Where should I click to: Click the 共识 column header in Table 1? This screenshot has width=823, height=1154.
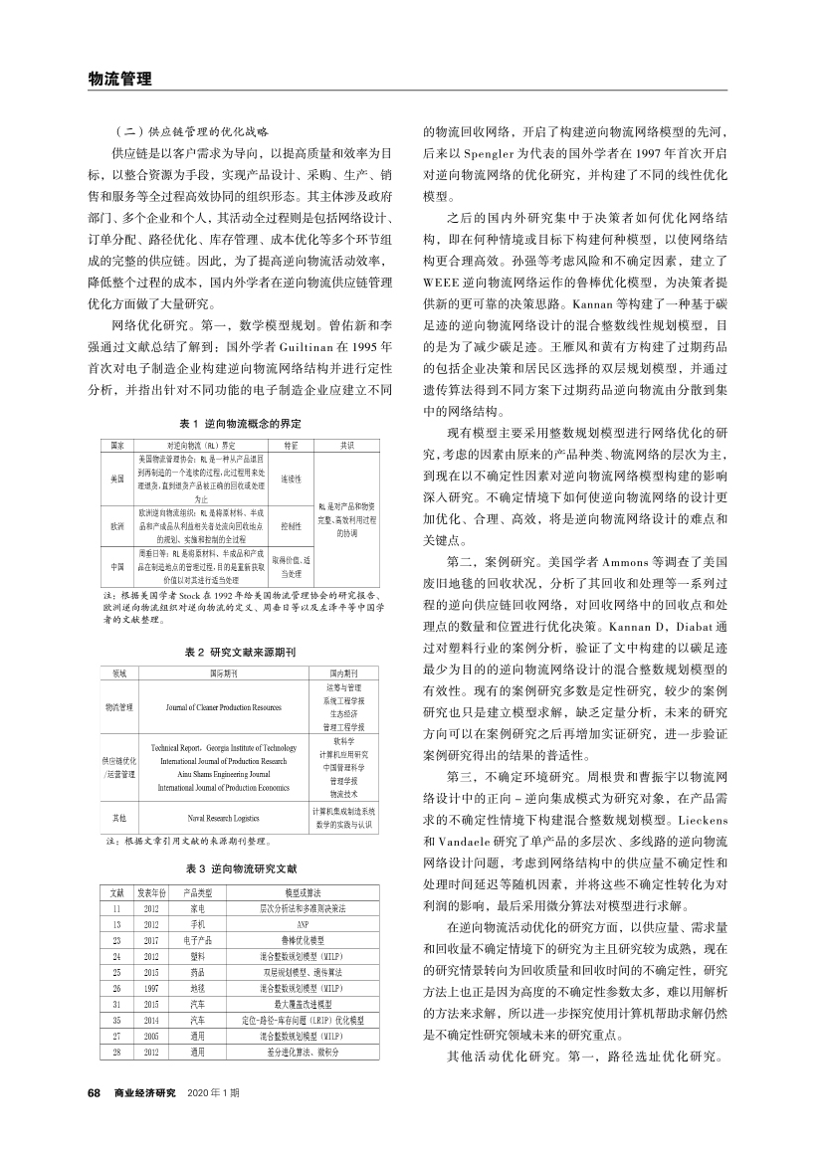347,446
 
